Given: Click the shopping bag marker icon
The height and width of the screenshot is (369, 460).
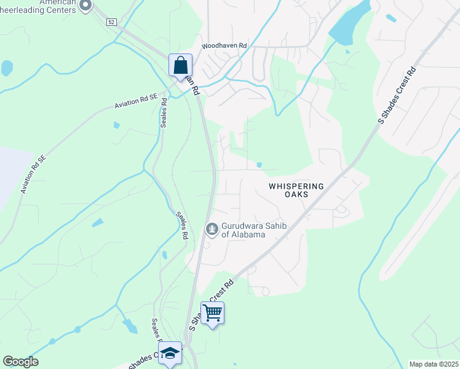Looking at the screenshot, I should point(180,65).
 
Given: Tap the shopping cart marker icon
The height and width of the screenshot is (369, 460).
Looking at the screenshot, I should point(212,313).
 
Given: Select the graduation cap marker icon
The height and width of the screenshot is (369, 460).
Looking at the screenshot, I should point(170,354).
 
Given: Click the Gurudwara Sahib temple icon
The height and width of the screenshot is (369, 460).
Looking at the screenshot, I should point(212,229).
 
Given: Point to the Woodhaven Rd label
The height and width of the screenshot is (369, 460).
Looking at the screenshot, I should point(224,46).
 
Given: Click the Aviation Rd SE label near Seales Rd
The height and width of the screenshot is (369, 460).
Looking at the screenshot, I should point(136,101).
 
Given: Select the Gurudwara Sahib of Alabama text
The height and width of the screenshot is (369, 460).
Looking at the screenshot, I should point(243,230).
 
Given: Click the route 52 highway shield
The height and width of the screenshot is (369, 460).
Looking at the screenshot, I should point(111,22).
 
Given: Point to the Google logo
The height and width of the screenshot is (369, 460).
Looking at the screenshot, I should point(20,362).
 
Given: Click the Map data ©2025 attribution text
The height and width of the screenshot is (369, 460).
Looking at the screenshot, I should point(434,364).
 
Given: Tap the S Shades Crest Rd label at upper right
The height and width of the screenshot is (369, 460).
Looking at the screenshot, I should point(397,96).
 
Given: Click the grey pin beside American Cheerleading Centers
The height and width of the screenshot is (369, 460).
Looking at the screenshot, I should point(86,6).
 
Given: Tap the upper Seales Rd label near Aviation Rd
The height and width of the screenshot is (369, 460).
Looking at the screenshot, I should point(164,111).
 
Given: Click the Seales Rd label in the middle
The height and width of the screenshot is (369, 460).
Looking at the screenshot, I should point(182,225).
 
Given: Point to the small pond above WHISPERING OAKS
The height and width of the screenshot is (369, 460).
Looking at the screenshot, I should point(259,165).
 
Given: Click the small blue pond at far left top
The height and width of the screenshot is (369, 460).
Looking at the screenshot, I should point(7,67).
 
